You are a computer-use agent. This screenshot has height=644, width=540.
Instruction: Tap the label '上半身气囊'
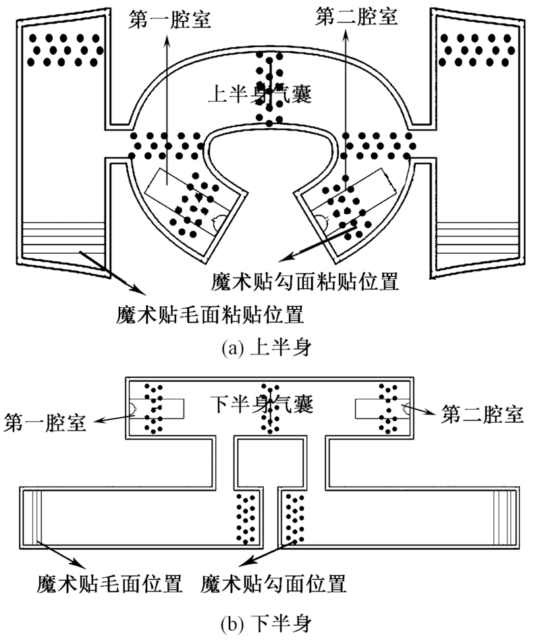pos(260,95)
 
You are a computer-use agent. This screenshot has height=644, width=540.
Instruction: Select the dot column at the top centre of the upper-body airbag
pos(269,88)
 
